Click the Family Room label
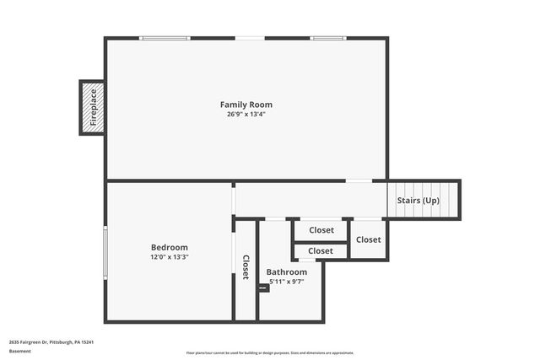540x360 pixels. tap(246, 105)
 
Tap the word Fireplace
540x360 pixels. tap(93, 107)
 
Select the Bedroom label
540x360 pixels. tap(169, 247)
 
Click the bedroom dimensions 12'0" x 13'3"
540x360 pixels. tap(169, 257)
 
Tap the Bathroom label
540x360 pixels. tap(287, 272)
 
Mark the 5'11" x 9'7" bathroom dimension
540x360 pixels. tap(287, 282)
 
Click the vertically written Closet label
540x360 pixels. tap(246, 267)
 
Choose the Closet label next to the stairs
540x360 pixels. tap(368, 239)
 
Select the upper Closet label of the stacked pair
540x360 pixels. tap(321, 230)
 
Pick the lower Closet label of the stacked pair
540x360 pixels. tap(321, 250)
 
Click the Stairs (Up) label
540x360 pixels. tap(418, 201)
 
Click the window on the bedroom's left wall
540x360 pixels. tap(105, 251)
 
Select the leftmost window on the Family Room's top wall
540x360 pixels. tap(165, 38)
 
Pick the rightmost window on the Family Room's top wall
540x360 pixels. tap(327, 38)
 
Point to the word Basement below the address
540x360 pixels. tap(20, 351)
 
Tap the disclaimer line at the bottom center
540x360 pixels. tap(270, 352)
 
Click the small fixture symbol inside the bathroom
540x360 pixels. tap(263, 287)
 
